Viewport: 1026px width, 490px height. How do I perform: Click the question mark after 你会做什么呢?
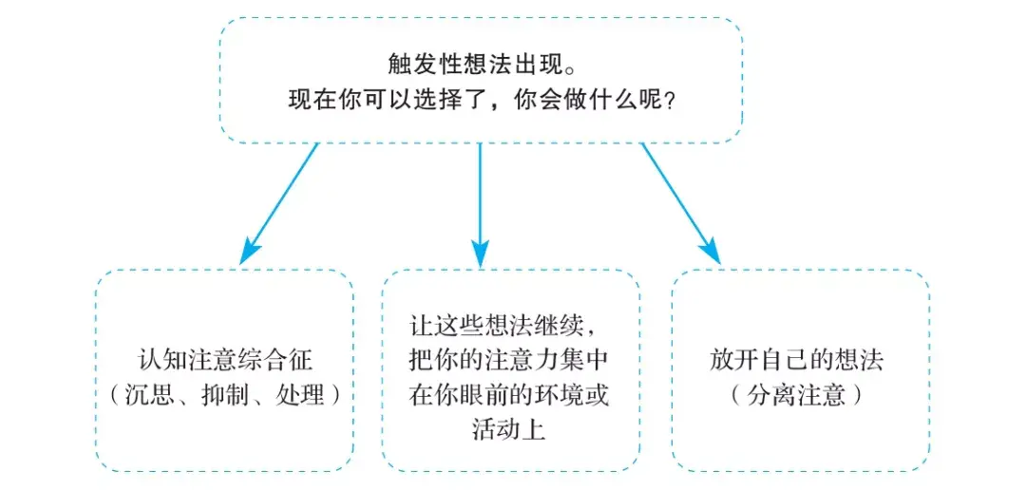(x=671, y=100)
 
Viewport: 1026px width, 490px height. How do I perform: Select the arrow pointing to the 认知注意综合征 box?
(x=281, y=202)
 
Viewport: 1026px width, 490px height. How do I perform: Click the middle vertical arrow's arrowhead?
(x=481, y=254)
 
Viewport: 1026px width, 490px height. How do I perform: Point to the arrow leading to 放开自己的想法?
(x=680, y=202)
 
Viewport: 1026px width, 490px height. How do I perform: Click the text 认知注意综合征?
(x=225, y=361)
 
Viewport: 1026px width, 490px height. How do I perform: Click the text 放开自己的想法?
(x=797, y=361)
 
